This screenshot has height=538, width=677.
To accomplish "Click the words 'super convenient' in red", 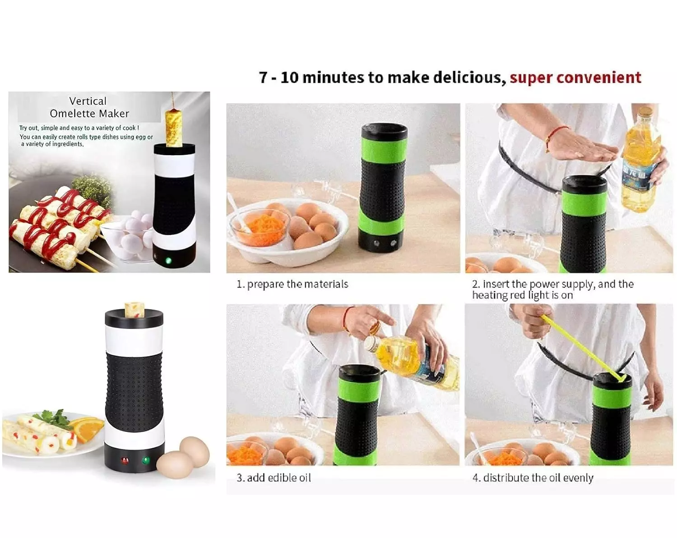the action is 575,77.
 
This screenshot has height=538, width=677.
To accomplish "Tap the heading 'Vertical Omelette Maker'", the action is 89,107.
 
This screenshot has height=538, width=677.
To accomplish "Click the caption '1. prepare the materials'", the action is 292,284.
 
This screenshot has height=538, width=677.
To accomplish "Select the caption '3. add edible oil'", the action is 274,478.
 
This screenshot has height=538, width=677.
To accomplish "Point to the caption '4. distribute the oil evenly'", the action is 533,478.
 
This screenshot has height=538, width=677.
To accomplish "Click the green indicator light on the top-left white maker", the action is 168,260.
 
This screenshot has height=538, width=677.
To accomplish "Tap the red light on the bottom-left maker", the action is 125,461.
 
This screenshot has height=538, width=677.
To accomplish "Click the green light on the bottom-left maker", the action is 146,461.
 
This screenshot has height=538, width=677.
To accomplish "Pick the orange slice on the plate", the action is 87,428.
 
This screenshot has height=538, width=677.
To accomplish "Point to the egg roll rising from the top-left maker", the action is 174,127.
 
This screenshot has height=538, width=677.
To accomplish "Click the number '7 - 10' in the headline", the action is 279,77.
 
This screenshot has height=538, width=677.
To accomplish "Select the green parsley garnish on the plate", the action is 55,419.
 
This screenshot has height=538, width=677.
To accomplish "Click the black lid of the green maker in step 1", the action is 385,131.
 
